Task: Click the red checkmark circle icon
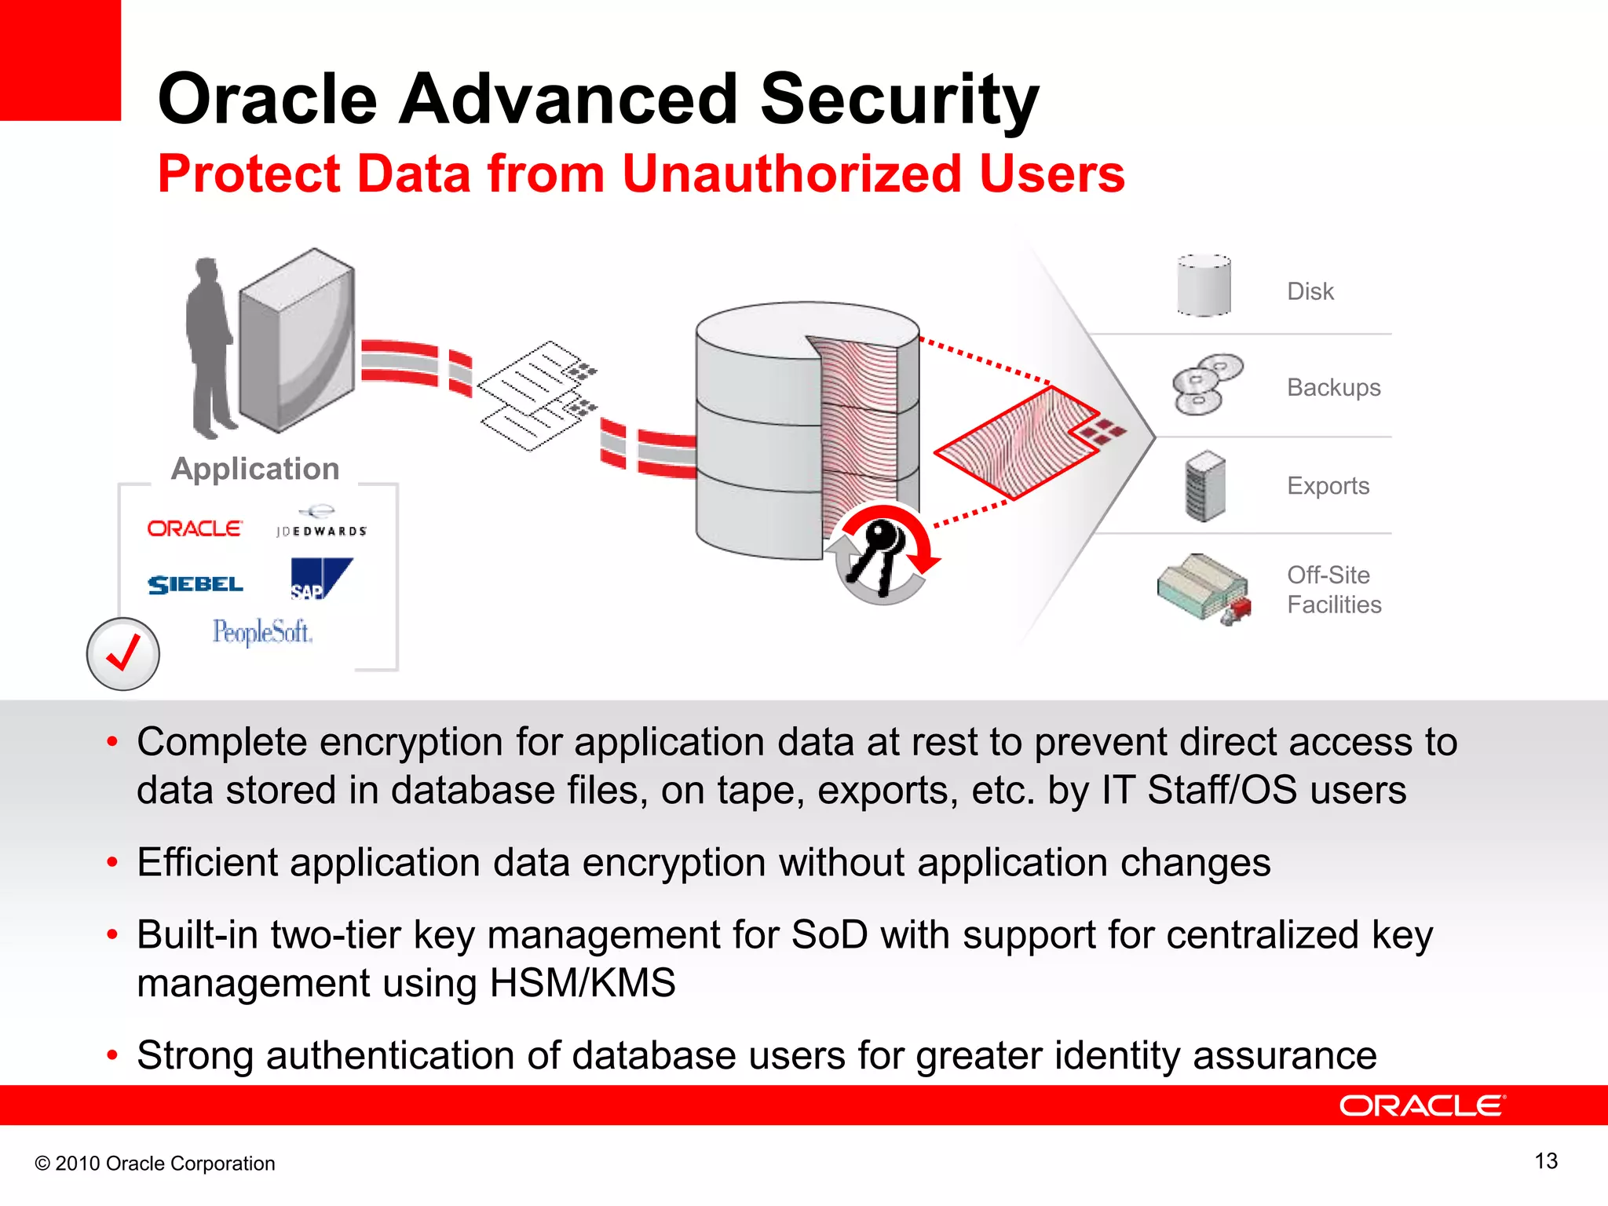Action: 122,653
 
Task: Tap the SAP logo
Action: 320,579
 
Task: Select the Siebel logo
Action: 196,584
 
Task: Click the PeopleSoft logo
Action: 262,631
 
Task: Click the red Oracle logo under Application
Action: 195,528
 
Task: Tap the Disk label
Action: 1310,291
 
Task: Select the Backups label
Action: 1333,387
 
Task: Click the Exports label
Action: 1328,486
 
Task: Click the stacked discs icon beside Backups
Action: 1206,384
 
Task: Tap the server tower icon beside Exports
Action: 1204,486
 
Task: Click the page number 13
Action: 1545,1160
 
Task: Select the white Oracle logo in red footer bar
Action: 1422,1105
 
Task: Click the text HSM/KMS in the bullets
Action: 582,983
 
